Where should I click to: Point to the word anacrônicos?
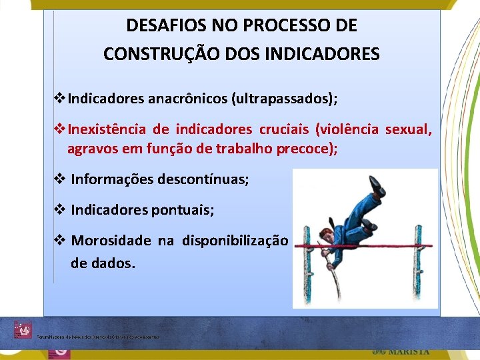(x=187, y=99)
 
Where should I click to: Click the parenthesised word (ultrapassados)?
(x=284, y=99)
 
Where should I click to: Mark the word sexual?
(x=409, y=129)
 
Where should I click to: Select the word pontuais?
(x=183, y=210)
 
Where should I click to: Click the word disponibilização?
(x=235, y=241)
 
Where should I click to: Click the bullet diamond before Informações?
(x=59, y=179)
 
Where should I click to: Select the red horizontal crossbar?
(x=367, y=246)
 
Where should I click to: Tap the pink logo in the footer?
(x=23, y=329)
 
